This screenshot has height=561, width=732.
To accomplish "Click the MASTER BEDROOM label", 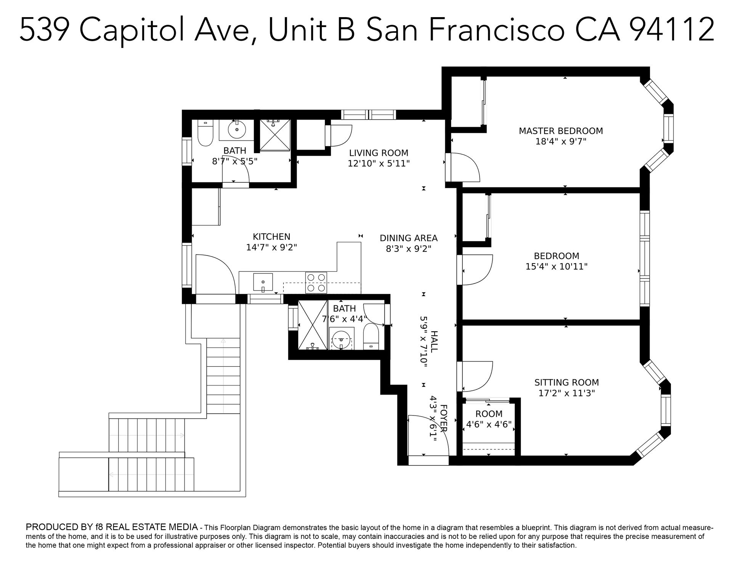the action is click(561, 131).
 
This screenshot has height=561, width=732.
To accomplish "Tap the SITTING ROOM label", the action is click(567, 382).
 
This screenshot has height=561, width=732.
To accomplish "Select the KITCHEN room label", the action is click(271, 237).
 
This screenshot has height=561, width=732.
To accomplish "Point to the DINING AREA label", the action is click(409, 238).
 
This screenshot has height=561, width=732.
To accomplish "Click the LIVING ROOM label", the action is click(379, 153).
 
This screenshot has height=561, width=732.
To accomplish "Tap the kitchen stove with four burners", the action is click(316, 282).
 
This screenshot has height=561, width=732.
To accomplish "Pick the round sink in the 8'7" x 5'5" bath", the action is click(237, 129).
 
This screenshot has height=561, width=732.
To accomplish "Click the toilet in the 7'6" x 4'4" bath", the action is click(371, 336).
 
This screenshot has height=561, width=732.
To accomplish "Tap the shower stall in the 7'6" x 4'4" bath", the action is click(312, 324).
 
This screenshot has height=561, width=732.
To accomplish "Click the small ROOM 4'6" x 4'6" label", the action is click(489, 419).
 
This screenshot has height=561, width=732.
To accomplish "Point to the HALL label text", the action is click(434, 341).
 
